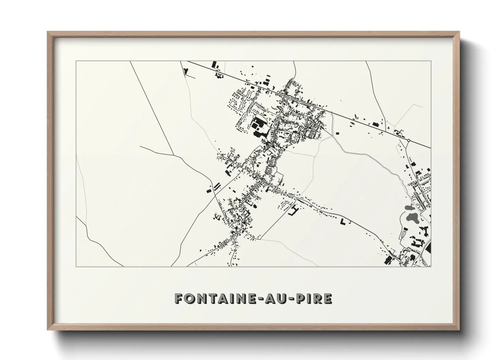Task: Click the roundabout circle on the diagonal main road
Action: tap(408, 140)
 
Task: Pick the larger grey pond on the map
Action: tap(413, 218)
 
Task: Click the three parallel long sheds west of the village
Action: tap(217, 186)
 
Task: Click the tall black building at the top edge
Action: tap(214, 65)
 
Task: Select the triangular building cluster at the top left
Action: tap(186, 71)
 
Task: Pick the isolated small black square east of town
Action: tap(337, 133)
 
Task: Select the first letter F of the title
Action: tap(178, 298)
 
